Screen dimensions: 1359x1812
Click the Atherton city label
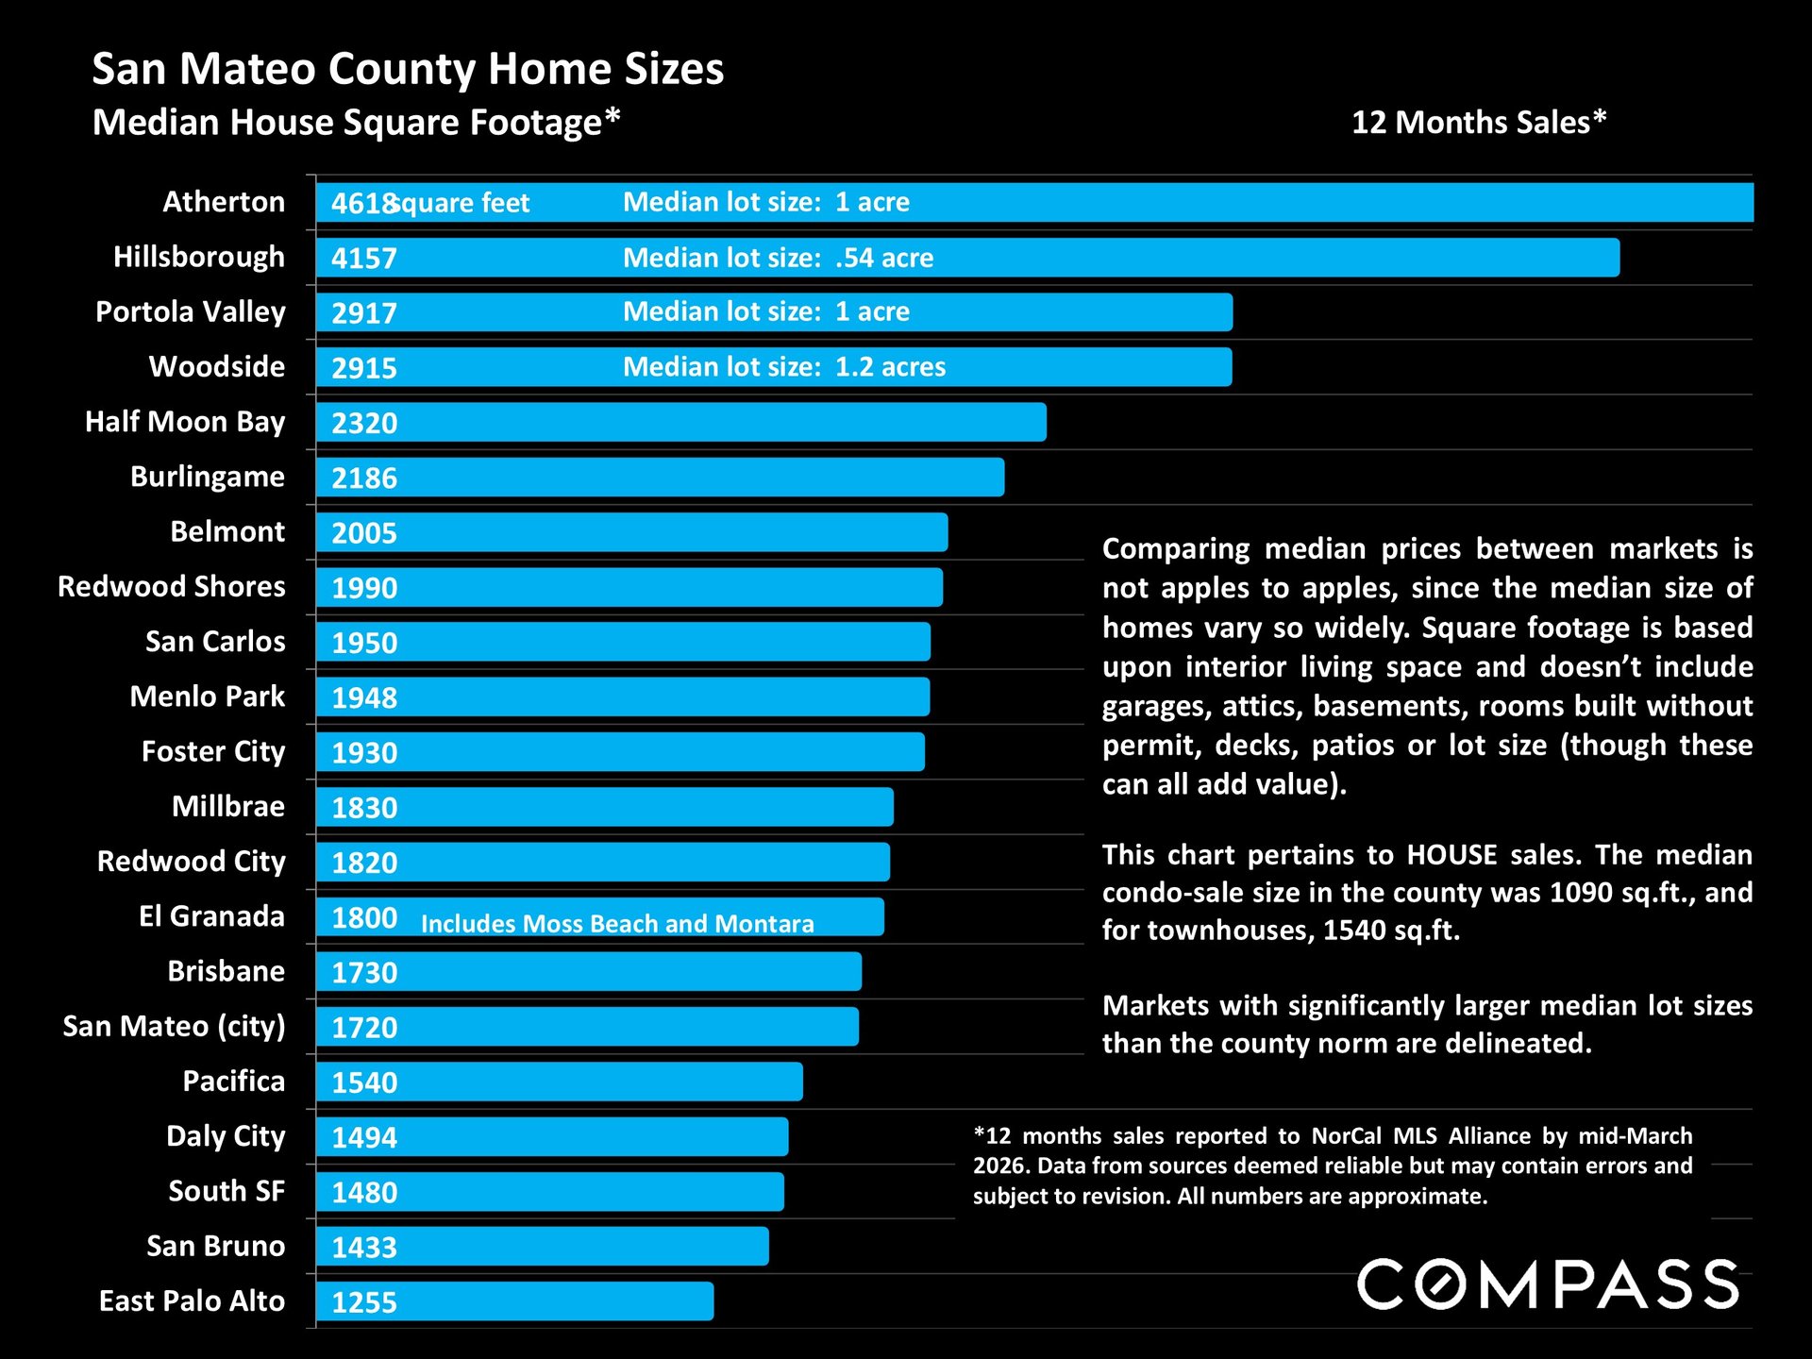pos(224,202)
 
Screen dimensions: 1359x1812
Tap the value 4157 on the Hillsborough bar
pos(364,258)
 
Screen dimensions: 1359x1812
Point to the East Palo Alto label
pos(192,1300)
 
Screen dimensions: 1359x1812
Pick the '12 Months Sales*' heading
pos(1478,123)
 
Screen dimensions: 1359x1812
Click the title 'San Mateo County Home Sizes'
pos(408,69)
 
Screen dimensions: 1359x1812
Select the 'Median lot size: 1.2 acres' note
pos(783,367)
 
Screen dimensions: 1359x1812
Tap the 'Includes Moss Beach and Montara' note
pos(617,923)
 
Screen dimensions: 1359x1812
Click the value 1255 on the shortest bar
pos(364,1302)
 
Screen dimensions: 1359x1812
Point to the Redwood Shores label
pos(171,586)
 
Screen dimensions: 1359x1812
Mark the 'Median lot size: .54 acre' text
pos(778,258)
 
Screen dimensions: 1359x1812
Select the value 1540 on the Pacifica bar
pos(364,1082)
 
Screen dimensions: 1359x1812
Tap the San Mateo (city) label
pos(174,1026)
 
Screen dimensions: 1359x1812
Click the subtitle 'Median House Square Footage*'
pos(356,123)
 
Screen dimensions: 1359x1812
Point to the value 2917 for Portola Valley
pos(364,312)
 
